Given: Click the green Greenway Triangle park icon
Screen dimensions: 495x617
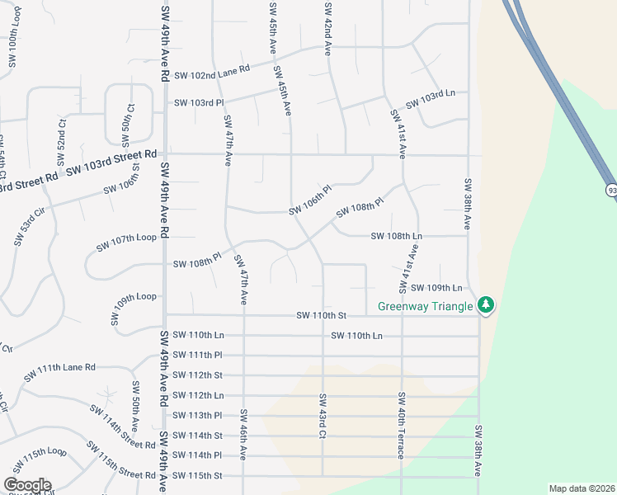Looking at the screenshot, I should point(487,305).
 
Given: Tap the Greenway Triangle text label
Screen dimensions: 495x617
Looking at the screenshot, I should point(425,306).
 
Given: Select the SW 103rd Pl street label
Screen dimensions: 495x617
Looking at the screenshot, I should point(198,103).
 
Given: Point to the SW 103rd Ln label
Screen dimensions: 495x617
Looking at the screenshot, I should point(431,106).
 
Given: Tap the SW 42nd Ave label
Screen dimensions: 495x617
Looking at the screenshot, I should point(328,28).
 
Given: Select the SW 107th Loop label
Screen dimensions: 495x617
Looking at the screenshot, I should point(126,238).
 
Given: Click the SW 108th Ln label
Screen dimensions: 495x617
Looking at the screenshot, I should point(397,236).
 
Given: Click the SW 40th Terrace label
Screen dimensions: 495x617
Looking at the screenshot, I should point(401,427).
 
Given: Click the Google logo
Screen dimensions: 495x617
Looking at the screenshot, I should point(27,484).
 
